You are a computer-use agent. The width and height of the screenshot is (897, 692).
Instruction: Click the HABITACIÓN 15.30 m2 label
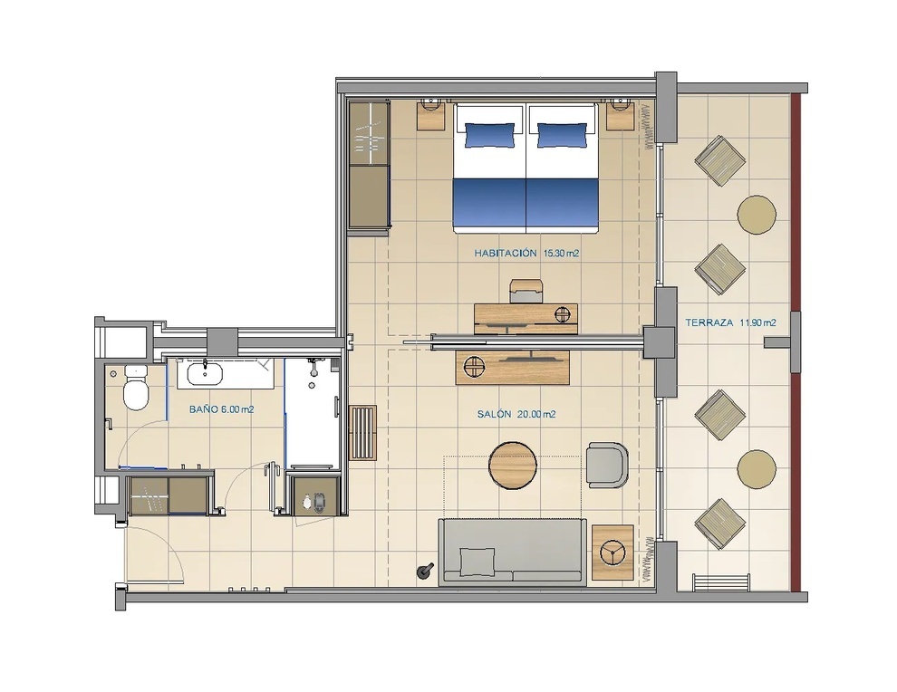point(526,253)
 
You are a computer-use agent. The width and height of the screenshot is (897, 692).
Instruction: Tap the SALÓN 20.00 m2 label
point(516,414)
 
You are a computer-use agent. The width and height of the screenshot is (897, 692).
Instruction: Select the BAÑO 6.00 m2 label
point(222,409)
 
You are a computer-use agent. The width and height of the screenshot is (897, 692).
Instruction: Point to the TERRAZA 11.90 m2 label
point(730,322)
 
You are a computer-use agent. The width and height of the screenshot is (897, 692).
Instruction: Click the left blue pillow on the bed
point(489,136)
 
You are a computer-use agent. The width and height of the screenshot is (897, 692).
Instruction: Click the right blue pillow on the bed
point(563,136)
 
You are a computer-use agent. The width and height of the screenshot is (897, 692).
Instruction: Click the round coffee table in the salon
point(513,466)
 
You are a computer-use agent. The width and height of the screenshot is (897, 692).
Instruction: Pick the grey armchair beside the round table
point(607,466)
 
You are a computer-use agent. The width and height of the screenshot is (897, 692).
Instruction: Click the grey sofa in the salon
point(513,552)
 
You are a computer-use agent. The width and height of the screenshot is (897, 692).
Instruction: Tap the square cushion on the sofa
point(477,562)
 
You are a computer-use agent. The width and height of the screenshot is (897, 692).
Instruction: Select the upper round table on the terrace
point(757,215)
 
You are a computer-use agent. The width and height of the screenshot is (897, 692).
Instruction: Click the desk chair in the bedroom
point(526,291)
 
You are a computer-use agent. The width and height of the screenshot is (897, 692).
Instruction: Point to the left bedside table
point(431,116)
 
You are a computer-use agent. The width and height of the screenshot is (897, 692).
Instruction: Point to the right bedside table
point(622,116)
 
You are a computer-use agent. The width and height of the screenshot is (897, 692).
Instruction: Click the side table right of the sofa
point(612,553)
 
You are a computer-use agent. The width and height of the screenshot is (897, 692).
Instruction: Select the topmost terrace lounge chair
point(719,160)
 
